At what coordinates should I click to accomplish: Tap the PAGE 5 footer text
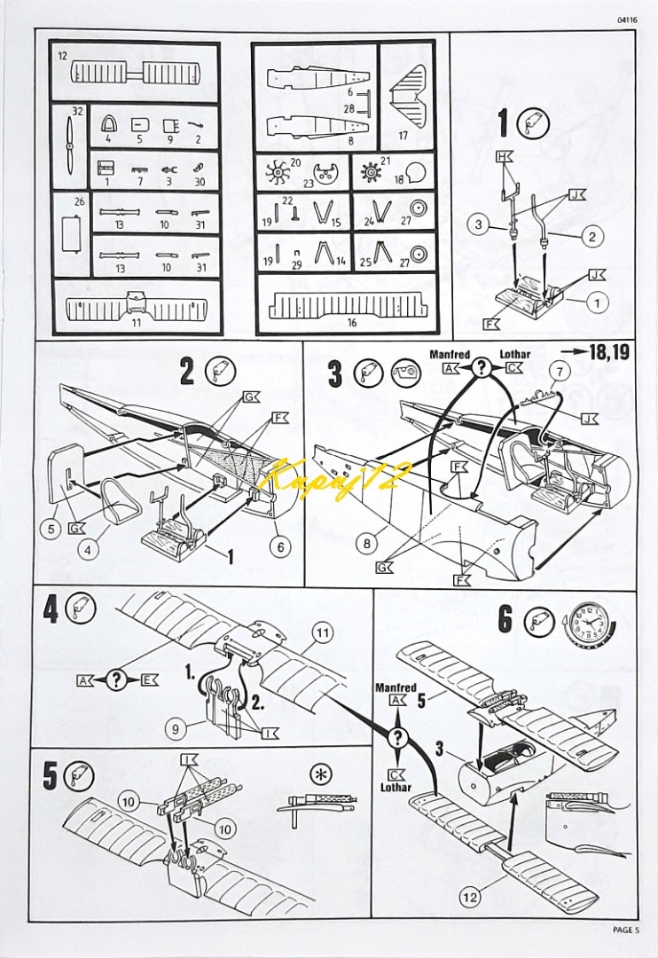click(x=624, y=930)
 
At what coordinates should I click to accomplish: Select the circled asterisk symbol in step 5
click(x=317, y=773)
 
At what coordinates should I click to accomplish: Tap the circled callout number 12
click(x=469, y=898)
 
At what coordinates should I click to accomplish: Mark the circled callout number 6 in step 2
click(x=280, y=547)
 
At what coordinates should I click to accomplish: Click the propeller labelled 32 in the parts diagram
click(x=70, y=146)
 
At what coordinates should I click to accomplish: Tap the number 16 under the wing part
click(x=351, y=322)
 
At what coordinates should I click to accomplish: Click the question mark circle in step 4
click(x=116, y=681)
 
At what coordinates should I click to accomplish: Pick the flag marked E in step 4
click(x=148, y=681)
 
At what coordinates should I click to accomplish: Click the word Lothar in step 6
click(x=396, y=788)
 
